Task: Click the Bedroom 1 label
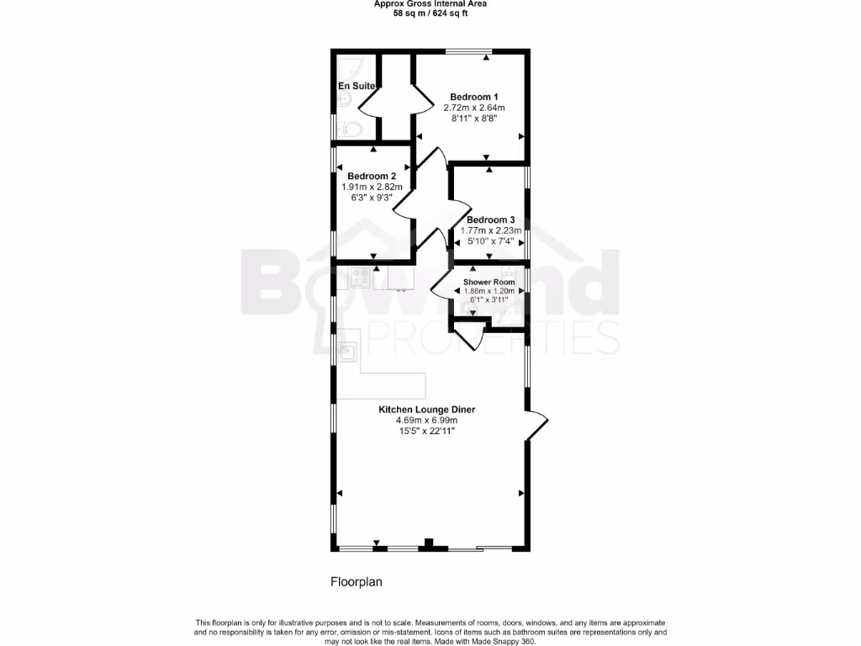pos(473,96)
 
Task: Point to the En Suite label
pos(357,86)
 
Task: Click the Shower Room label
pos(489,282)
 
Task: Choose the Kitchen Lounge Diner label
pos(426,410)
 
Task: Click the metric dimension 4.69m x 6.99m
pos(426,421)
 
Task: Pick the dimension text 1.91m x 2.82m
pos(372,187)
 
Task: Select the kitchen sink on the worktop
pos(347,351)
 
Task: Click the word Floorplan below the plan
pos(356,581)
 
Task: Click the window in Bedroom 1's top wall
pos(469,53)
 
